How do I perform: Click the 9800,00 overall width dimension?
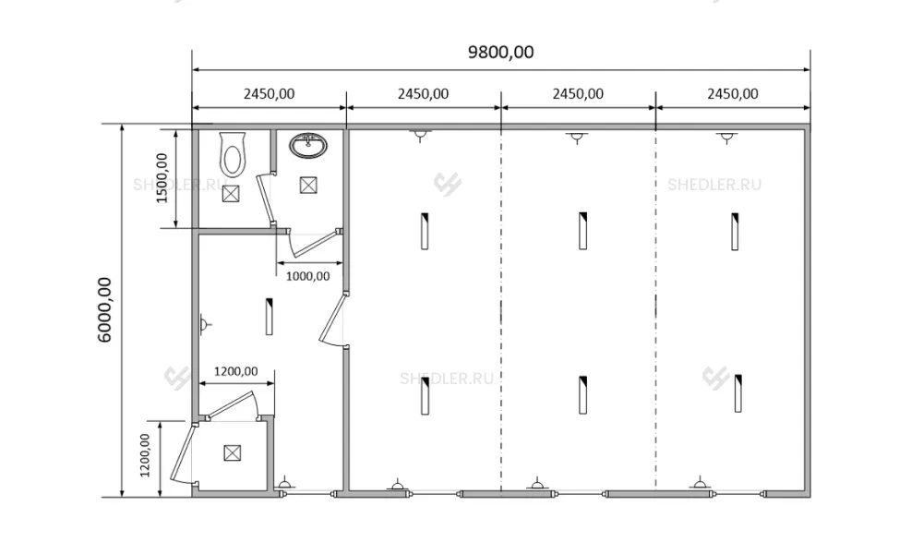[501, 53]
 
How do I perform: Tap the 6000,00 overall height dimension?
[105, 309]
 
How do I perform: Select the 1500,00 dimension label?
[162, 178]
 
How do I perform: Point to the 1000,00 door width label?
[308, 275]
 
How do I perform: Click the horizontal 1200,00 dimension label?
[235, 371]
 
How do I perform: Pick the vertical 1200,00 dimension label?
[145, 455]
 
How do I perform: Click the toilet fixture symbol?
[233, 154]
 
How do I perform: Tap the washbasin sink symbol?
[308, 145]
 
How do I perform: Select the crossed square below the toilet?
[231, 193]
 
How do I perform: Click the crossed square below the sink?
[308, 185]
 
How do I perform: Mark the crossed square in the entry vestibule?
[233, 452]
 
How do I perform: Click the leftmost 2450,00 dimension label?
[269, 93]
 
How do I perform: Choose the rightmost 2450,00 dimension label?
[733, 93]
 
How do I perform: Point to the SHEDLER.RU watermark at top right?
[714, 185]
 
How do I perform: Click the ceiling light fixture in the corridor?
[269, 317]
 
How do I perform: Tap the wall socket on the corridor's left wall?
[204, 324]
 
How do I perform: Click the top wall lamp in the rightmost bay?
[727, 138]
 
